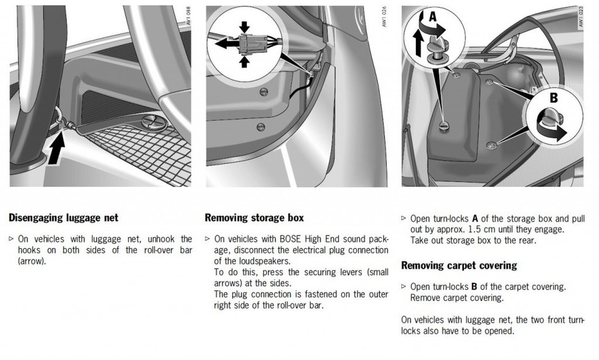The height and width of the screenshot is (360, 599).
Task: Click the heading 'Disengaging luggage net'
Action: coord(63,217)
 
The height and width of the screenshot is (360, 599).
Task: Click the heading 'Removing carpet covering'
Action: coord(459,266)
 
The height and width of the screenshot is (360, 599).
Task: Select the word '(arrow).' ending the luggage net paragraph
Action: coord(33,262)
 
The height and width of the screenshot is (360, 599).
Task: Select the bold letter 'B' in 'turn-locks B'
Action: coord(474,287)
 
